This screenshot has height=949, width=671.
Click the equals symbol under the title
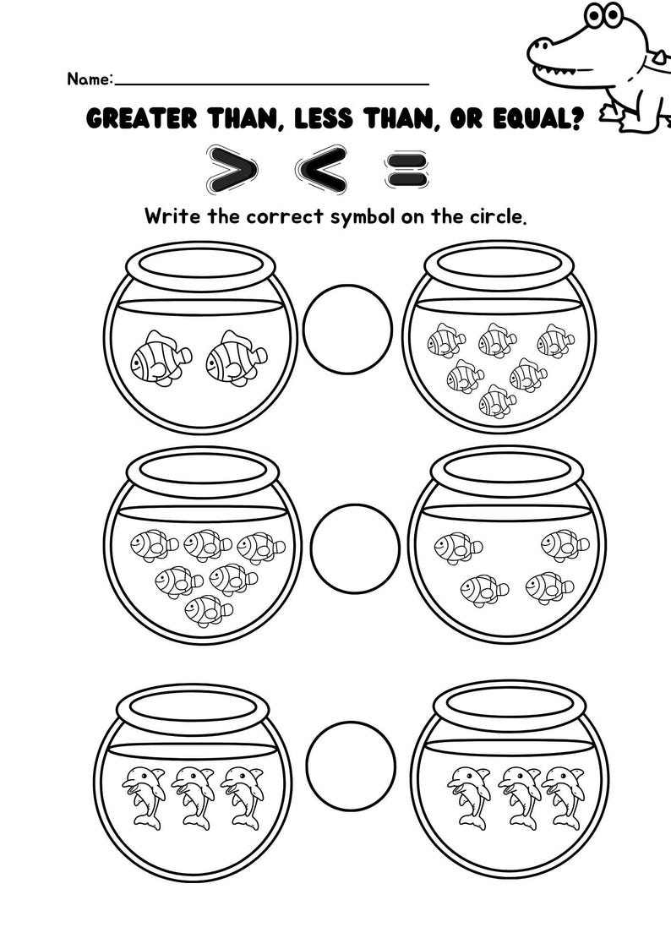coord(406,166)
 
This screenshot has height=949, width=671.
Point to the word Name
coord(88,79)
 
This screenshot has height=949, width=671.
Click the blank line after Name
coord(270,82)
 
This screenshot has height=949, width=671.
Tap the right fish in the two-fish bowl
coord(236,357)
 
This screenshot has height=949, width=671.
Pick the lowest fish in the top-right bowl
coord(498,401)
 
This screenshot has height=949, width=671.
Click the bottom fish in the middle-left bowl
coord(208,609)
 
